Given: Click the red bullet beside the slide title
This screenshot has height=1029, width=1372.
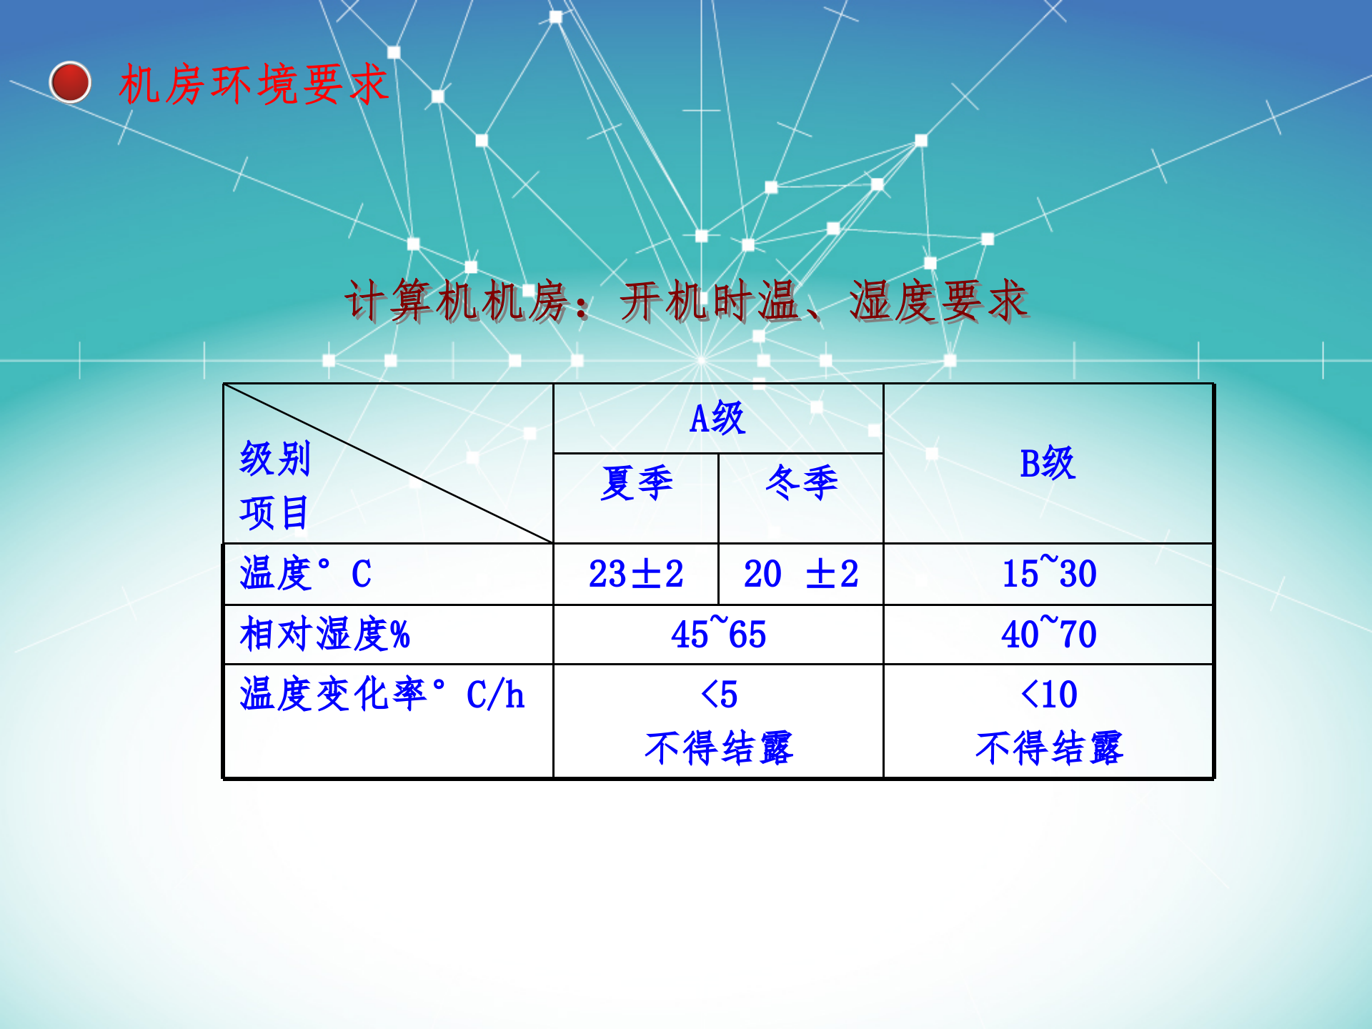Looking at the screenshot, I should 70,83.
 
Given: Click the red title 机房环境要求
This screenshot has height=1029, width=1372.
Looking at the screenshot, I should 254,84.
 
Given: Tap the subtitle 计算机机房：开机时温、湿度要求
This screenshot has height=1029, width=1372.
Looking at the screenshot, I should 686,301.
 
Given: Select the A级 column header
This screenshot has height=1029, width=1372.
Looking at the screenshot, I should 717,418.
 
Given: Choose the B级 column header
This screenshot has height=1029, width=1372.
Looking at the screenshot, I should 1048,463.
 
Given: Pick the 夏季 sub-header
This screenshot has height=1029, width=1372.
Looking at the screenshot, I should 636,483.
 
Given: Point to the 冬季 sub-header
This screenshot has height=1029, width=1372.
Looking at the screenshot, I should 801,483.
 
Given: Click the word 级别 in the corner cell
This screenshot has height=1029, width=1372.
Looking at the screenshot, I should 275,459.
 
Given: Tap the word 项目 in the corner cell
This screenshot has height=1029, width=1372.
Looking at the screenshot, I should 274,512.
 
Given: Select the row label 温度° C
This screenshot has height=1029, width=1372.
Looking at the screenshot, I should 306,574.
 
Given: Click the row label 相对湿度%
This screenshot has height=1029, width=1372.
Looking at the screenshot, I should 325,635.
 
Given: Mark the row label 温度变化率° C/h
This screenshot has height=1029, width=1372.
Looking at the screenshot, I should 382,695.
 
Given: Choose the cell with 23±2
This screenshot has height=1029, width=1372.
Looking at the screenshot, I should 636,574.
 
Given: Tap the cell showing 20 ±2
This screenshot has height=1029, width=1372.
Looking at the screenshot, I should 801,574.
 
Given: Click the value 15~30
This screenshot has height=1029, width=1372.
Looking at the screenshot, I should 1049,572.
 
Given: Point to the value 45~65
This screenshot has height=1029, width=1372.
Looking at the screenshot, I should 718,633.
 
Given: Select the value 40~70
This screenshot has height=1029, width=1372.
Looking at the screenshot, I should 1049,633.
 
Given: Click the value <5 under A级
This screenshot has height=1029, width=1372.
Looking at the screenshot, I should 719,695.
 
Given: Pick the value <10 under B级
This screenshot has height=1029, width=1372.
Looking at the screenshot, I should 1049,695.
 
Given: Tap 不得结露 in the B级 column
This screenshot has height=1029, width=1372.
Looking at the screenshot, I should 1049,748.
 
